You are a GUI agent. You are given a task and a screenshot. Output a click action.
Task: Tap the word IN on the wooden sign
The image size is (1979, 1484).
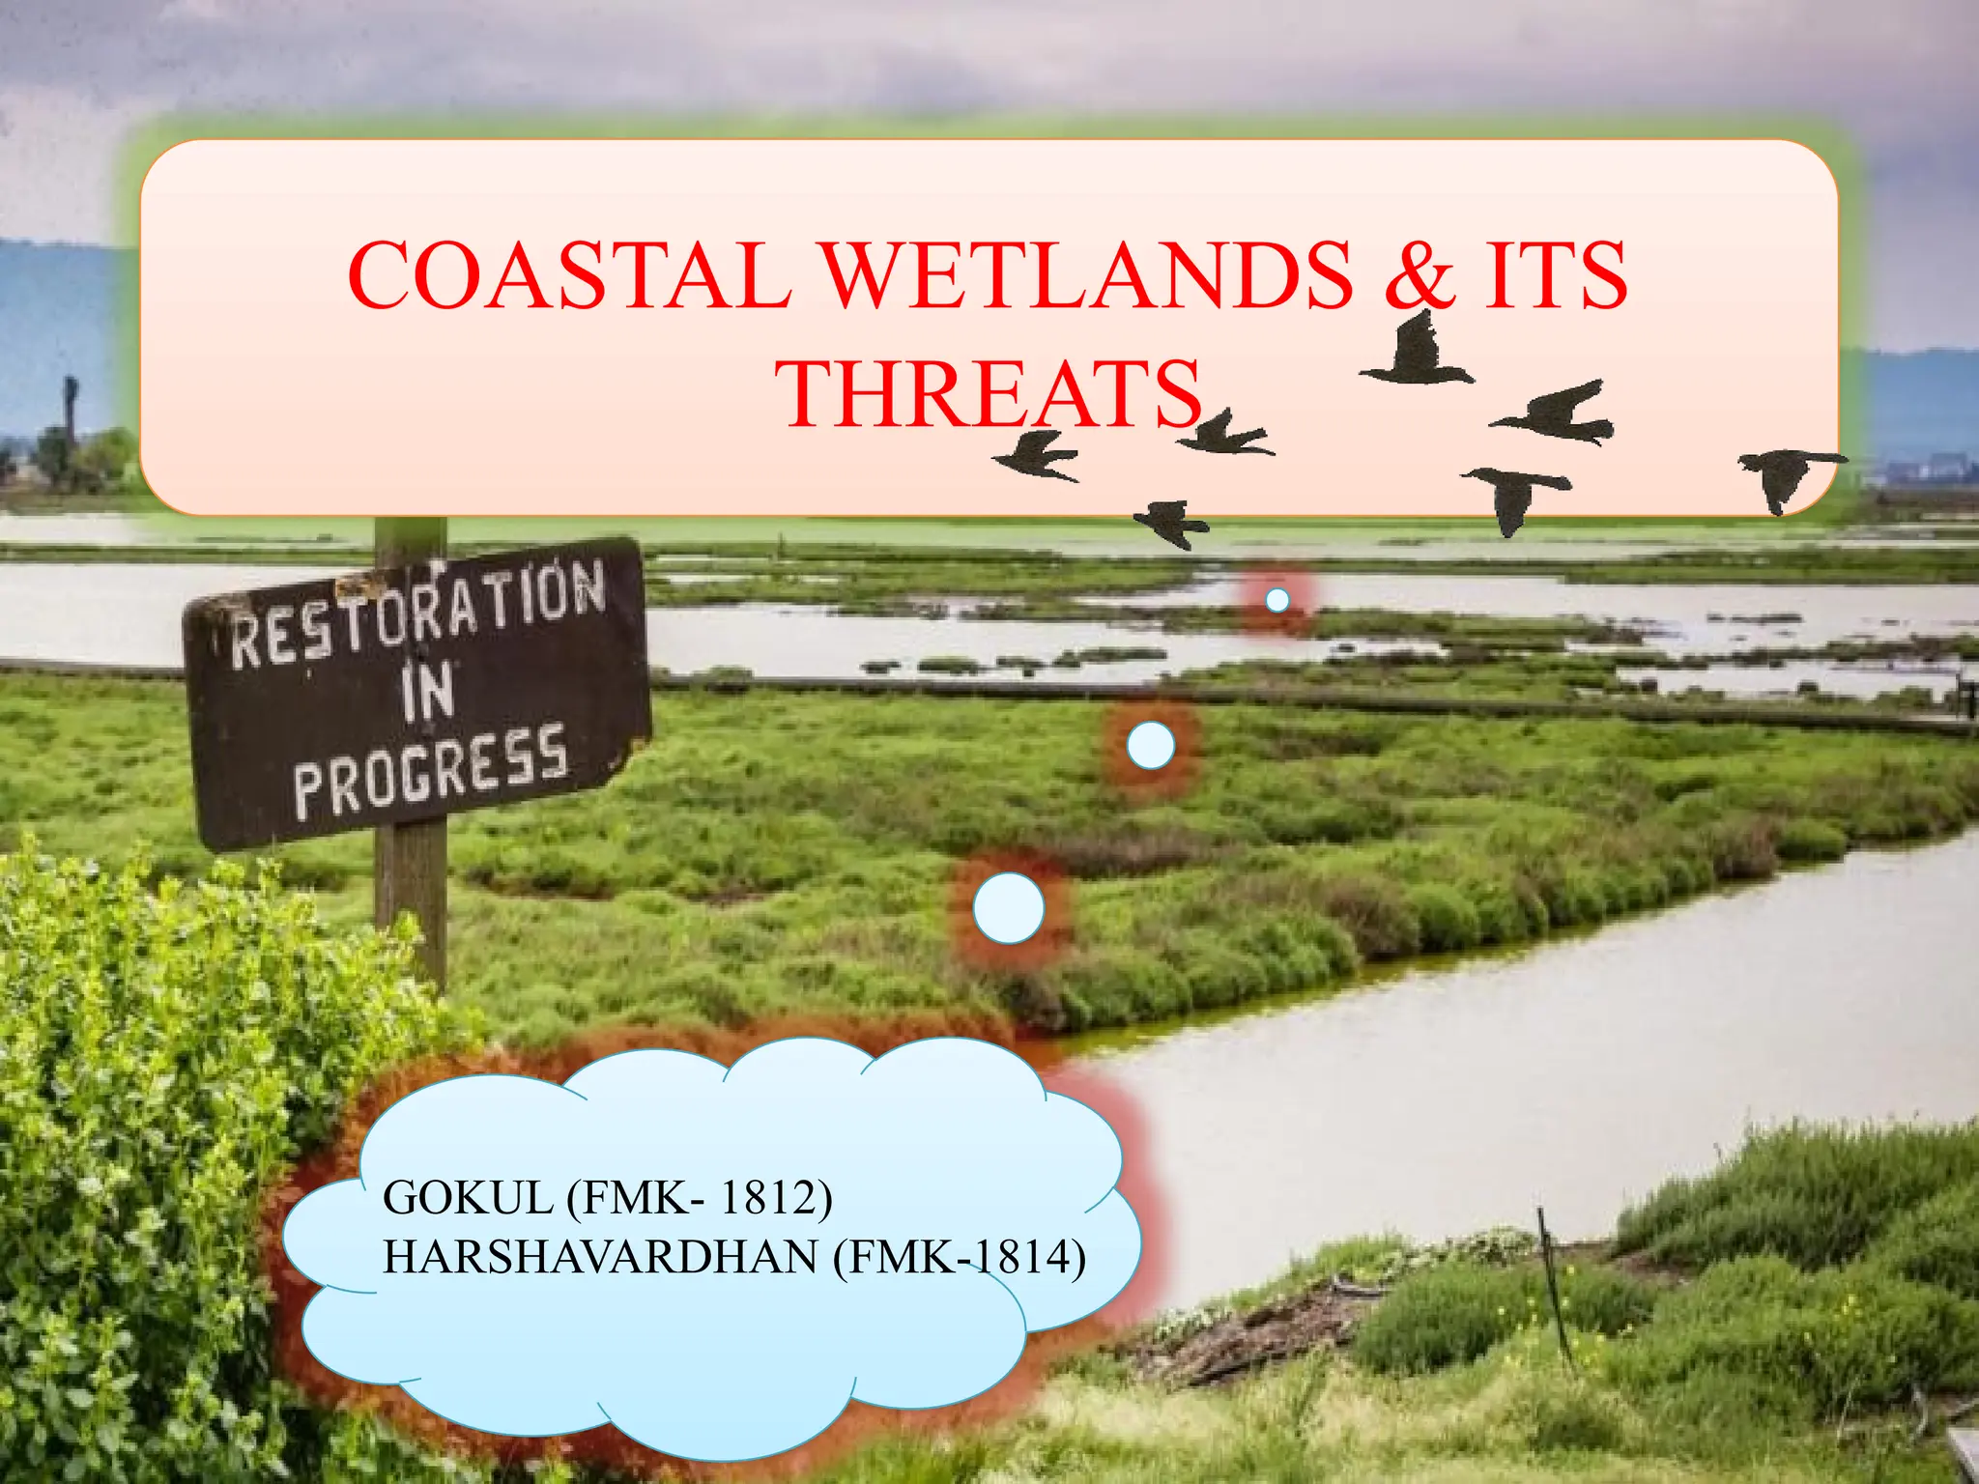[x=428, y=692]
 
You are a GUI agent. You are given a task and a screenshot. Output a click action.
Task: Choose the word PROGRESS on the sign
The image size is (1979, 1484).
[x=431, y=773]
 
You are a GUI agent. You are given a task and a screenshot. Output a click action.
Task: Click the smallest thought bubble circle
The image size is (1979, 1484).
[x=1276, y=600]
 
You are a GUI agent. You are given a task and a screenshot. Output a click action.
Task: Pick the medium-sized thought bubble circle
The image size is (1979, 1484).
[x=1150, y=746]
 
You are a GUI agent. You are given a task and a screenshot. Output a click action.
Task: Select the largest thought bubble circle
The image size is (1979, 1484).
[x=1009, y=908]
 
